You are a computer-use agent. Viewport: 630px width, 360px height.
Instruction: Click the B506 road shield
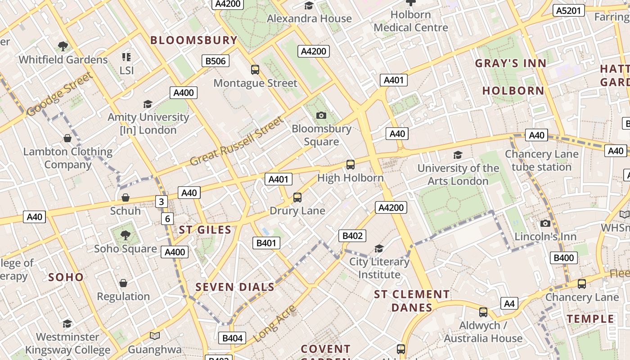tap(216, 61)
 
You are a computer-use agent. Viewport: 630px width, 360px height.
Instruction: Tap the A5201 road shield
tap(569, 10)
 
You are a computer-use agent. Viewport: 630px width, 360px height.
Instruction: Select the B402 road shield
tap(352, 235)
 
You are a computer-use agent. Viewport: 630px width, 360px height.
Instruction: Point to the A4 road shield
tap(509, 303)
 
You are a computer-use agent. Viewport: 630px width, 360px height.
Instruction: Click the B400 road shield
tap(563, 258)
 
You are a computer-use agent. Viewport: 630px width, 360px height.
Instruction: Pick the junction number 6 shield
tap(167, 219)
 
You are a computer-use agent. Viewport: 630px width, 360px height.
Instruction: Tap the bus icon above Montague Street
tap(255, 70)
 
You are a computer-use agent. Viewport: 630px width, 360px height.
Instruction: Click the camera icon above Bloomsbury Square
tap(321, 116)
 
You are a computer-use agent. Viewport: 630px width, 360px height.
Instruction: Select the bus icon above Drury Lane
tap(297, 197)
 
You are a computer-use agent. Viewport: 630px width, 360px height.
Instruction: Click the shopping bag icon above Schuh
tap(126, 198)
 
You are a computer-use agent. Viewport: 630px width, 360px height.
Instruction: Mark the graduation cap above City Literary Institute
tap(379, 248)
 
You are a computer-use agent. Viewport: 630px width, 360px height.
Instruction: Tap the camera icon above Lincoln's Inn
tap(545, 223)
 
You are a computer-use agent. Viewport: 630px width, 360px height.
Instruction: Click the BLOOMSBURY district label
tap(193, 40)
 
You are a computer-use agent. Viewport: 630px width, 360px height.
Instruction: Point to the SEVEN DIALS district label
tap(235, 287)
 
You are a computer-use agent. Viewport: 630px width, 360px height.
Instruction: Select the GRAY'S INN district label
tap(511, 63)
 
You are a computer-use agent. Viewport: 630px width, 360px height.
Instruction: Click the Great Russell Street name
tap(237, 141)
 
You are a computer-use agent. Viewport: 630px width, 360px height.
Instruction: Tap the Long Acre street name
tap(274, 323)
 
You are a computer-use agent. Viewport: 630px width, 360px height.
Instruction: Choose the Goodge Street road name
tap(59, 94)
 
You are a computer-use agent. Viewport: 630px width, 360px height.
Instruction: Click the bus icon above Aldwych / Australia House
tap(483, 312)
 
